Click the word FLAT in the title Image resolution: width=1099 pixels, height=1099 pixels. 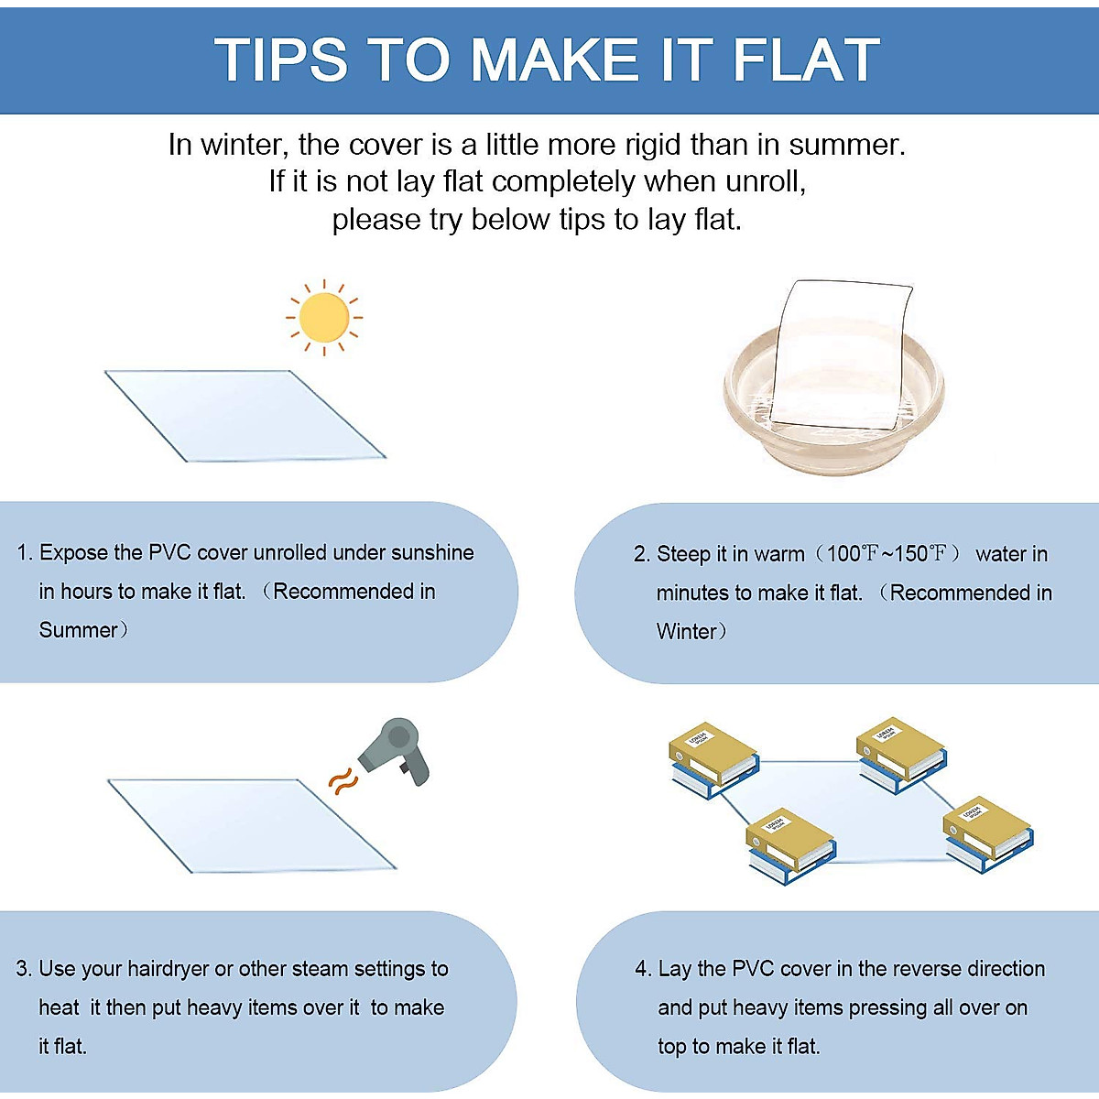coord(806,60)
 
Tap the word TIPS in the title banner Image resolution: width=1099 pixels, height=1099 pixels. coord(281,60)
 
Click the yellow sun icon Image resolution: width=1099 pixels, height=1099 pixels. coord(324,317)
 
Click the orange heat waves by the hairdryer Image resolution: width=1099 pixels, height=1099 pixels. coord(343,781)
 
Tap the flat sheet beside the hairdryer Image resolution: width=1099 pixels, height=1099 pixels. coord(251,824)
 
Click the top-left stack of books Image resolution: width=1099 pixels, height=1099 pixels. coord(713,759)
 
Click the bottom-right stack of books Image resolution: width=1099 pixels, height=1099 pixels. coord(988,832)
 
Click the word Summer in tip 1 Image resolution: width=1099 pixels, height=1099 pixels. coord(79,630)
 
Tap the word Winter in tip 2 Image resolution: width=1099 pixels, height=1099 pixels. coord(687,632)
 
